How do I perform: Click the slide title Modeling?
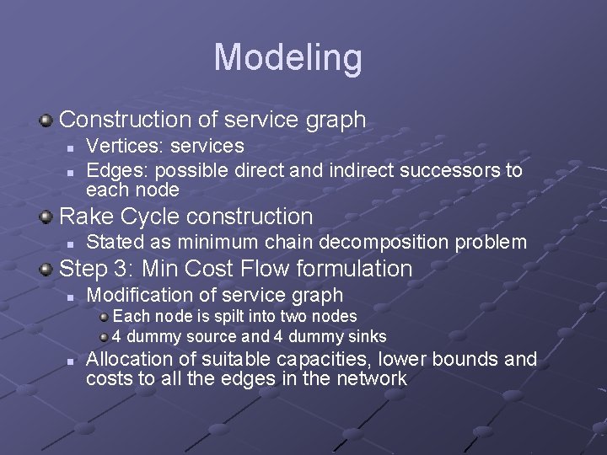tap(287, 57)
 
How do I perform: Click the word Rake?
tap(85, 216)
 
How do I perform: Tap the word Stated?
tap(114, 243)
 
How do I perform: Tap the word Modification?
tap(137, 295)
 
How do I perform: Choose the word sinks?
tap(366, 335)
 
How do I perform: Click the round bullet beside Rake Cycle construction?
tap(46, 217)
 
